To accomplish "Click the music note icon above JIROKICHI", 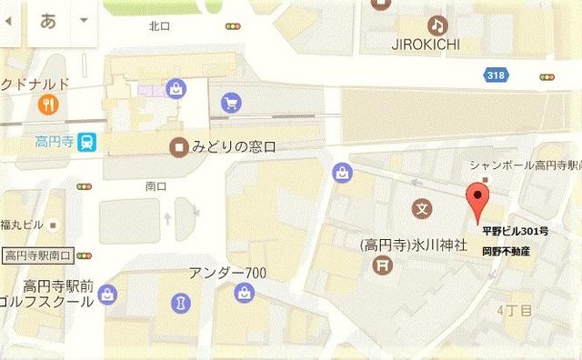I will (x=437, y=25).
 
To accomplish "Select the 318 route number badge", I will (x=496, y=75).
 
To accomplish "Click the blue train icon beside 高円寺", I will (x=86, y=142).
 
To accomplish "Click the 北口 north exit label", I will (x=160, y=26).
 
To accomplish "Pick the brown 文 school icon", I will (x=420, y=208).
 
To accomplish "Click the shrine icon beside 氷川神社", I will (x=383, y=265).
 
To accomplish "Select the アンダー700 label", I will (x=227, y=273).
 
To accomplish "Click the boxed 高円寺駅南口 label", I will (x=38, y=255).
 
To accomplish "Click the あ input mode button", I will (x=48, y=20).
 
